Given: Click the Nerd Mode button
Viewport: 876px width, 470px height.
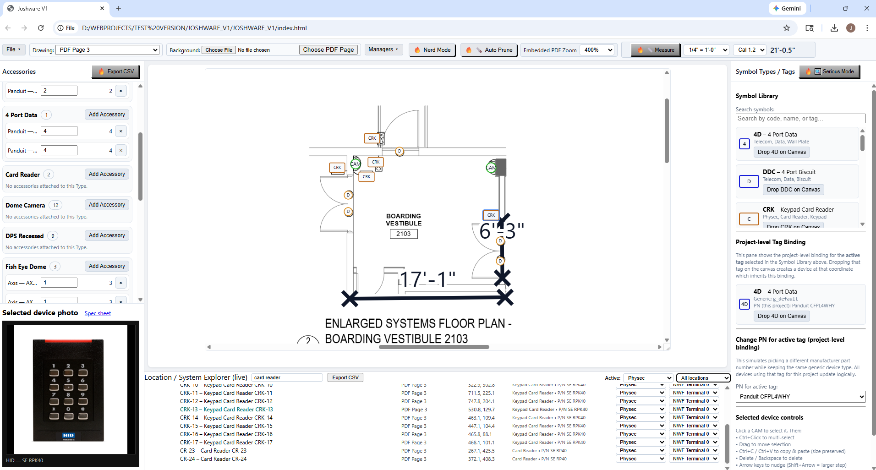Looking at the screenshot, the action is pos(432,50).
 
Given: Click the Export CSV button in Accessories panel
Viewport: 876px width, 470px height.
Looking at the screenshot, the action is pos(116,71).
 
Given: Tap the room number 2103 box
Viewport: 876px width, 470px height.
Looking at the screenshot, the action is pos(404,234).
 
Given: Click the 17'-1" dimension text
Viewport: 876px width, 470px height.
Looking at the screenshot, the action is pos(427,279).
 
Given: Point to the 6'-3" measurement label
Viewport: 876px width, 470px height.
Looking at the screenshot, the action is pos(501,231).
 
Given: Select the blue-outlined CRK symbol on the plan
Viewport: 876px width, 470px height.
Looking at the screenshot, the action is pos(491,215).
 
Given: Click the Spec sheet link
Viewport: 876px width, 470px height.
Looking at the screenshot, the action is pos(98,313).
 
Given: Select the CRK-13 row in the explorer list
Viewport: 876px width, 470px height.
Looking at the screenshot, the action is pos(226,410).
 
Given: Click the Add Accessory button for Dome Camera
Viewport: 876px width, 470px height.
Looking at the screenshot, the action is pos(107,205).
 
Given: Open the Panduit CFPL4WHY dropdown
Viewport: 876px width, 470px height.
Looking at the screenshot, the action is pos(800,397).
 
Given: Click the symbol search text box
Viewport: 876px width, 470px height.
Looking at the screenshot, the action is pos(800,119).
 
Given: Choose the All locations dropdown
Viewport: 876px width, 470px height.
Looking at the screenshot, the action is pos(703,378).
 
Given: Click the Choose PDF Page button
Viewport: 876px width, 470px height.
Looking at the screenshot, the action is pos(328,49).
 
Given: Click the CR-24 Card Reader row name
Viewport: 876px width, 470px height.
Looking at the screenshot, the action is pos(213,459).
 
